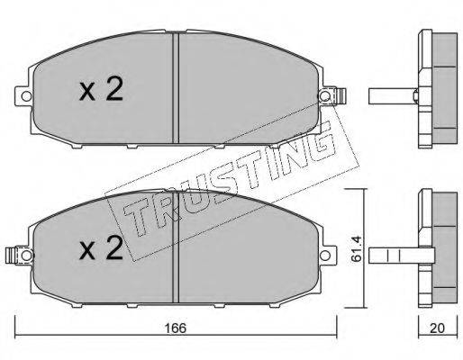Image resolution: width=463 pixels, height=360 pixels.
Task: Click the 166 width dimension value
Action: click(x=176, y=328)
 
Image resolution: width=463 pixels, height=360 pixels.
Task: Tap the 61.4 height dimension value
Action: click(x=357, y=248)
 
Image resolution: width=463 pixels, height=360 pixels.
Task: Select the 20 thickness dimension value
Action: click(x=437, y=328)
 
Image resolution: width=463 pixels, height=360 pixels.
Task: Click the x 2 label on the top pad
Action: click(x=101, y=89)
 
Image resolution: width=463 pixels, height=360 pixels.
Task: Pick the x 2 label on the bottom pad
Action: click(x=101, y=248)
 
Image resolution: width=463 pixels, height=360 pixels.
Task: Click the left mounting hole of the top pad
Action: click(x=26, y=96)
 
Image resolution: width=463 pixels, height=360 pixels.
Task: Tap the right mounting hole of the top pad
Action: click(x=325, y=96)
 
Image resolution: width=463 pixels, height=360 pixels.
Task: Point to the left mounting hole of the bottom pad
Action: click(x=26, y=256)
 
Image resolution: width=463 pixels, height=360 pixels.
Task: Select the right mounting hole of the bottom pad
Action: click(x=325, y=256)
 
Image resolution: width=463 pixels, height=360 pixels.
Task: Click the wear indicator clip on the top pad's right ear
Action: click(x=340, y=96)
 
